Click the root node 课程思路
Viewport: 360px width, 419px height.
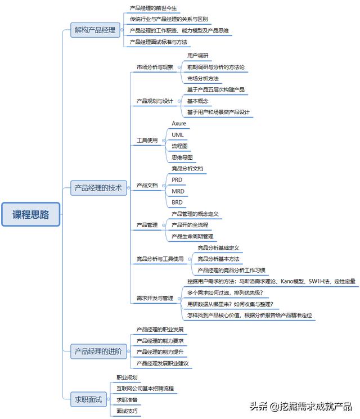point(30,214)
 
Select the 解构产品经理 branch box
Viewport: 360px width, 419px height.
point(94,30)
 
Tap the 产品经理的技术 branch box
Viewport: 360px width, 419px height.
point(98,188)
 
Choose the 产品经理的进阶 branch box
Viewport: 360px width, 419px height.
point(98,352)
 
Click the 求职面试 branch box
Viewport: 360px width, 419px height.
point(89,400)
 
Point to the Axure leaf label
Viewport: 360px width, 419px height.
point(179,123)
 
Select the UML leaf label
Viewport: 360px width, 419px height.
point(178,134)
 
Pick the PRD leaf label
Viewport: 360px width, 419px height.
point(177,179)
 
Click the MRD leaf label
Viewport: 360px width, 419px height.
point(178,191)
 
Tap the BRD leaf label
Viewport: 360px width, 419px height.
point(177,202)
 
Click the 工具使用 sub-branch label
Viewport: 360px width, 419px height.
point(147,140)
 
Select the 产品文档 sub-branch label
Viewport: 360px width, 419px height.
point(147,185)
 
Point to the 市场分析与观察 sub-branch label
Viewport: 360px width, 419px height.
point(155,67)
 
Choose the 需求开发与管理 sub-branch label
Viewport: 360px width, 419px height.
point(155,298)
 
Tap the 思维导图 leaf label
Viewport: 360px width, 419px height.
point(182,157)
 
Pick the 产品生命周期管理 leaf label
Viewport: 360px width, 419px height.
point(192,236)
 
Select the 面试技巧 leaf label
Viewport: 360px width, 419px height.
point(127,411)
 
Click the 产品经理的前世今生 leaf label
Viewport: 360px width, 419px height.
point(153,8)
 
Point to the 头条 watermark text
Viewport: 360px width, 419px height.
point(259,407)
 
